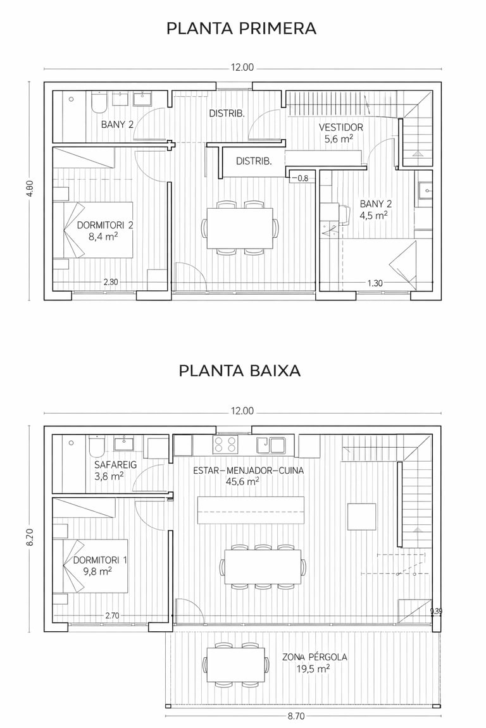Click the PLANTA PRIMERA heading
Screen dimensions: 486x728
[x=241, y=28]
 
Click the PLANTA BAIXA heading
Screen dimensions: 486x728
[x=240, y=371]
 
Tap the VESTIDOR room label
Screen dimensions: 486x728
[x=340, y=127]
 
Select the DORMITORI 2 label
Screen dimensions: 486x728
[x=105, y=225]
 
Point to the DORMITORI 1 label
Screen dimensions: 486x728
[x=100, y=560]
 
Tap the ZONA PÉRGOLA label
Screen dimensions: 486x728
[x=315, y=657]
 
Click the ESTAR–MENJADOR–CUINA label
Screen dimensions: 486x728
[x=248, y=471]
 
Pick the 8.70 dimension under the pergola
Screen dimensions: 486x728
[x=296, y=717]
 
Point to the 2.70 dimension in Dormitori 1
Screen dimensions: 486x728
[x=112, y=615]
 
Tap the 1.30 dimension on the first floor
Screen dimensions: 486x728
[x=375, y=283]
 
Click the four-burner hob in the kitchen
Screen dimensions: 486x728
[x=225, y=444]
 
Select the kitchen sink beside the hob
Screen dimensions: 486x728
[x=271, y=444]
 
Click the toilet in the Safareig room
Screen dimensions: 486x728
[x=97, y=446]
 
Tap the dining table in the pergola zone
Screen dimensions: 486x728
[x=236, y=664]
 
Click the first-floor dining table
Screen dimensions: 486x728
[x=240, y=228]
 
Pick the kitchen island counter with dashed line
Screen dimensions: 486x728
[x=251, y=510]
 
